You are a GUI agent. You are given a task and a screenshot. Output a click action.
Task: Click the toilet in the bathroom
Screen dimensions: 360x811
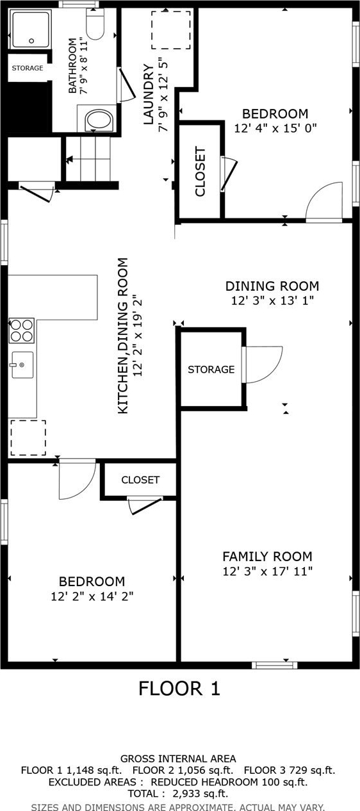[95, 24]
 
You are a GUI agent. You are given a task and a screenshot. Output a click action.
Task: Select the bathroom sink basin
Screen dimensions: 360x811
[99, 121]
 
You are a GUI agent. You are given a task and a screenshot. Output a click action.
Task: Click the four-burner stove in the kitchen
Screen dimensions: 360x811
[22, 330]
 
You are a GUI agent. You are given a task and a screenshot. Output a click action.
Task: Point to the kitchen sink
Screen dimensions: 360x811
[22, 365]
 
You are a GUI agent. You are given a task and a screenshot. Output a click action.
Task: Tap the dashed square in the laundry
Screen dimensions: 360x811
[171, 30]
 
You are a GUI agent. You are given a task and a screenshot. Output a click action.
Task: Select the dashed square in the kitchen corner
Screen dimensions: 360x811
[28, 438]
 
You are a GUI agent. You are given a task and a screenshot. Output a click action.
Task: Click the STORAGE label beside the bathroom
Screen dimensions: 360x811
[28, 68]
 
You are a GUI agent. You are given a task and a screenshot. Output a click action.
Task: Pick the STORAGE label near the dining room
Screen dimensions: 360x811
[211, 369]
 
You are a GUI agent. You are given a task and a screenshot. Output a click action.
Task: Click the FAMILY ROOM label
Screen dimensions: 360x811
[267, 556]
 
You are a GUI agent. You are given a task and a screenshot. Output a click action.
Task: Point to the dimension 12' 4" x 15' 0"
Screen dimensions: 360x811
[275, 128]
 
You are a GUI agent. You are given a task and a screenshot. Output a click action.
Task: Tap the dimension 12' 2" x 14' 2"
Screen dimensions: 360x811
[92, 596]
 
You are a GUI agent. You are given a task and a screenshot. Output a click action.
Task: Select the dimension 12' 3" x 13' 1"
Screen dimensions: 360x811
[272, 300]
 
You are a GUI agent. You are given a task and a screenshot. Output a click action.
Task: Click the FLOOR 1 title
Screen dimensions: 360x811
[179, 688]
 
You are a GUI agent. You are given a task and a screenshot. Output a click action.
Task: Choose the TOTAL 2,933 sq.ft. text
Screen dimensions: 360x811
[178, 794]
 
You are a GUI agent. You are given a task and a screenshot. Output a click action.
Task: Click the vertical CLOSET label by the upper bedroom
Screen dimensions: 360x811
[200, 171]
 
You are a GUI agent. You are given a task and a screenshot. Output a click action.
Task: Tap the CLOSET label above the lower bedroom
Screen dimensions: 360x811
[140, 480]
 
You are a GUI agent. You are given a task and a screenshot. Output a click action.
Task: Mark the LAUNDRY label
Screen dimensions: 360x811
[149, 94]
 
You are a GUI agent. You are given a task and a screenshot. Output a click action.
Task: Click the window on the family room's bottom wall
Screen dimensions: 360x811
[275, 665]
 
